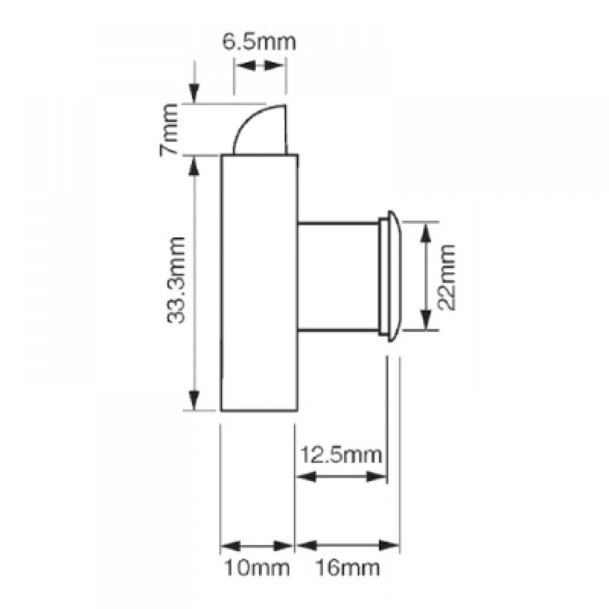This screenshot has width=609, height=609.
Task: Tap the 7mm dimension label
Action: point(171,129)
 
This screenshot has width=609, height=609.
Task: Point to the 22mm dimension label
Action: point(448,277)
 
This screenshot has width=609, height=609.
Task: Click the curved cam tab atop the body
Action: point(261,130)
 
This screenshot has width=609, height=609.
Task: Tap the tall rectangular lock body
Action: point(259,283)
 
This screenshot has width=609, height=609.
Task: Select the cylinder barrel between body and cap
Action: point(338,278)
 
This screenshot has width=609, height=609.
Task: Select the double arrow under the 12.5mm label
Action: point(340,479)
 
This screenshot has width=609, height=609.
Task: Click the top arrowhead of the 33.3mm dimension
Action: point(194,166)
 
